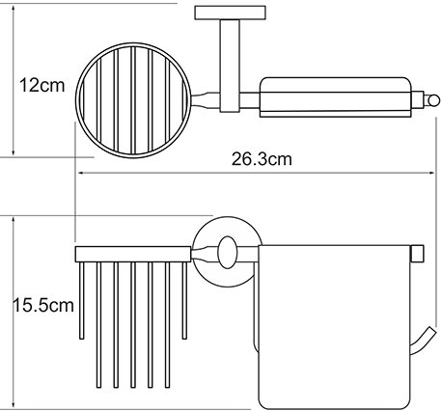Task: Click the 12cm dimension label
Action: click(x=41, y=86)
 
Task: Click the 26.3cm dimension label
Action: click(x=262, y=159)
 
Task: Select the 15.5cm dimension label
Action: click(x=43, y=305)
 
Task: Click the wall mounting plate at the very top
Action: click(x=230, y=13)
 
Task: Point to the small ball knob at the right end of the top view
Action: click(x=433, y=100)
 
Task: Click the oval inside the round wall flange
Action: click(x=228, y=253)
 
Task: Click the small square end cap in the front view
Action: click(x=418, y=254)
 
